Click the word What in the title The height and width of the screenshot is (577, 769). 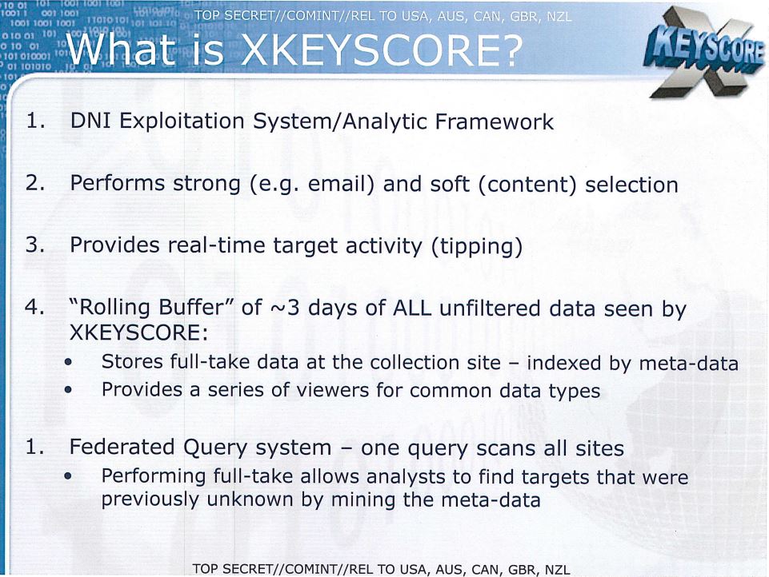click(121, 50)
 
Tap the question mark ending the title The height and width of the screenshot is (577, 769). click(512, 50)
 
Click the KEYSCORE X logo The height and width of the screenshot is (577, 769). click(704, 53)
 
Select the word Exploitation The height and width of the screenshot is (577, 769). click(182, 121)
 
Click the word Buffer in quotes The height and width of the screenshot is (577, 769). click(195, 308)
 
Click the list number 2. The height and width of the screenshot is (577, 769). click(35, 183)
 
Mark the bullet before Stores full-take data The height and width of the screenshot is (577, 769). click(68, 363)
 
